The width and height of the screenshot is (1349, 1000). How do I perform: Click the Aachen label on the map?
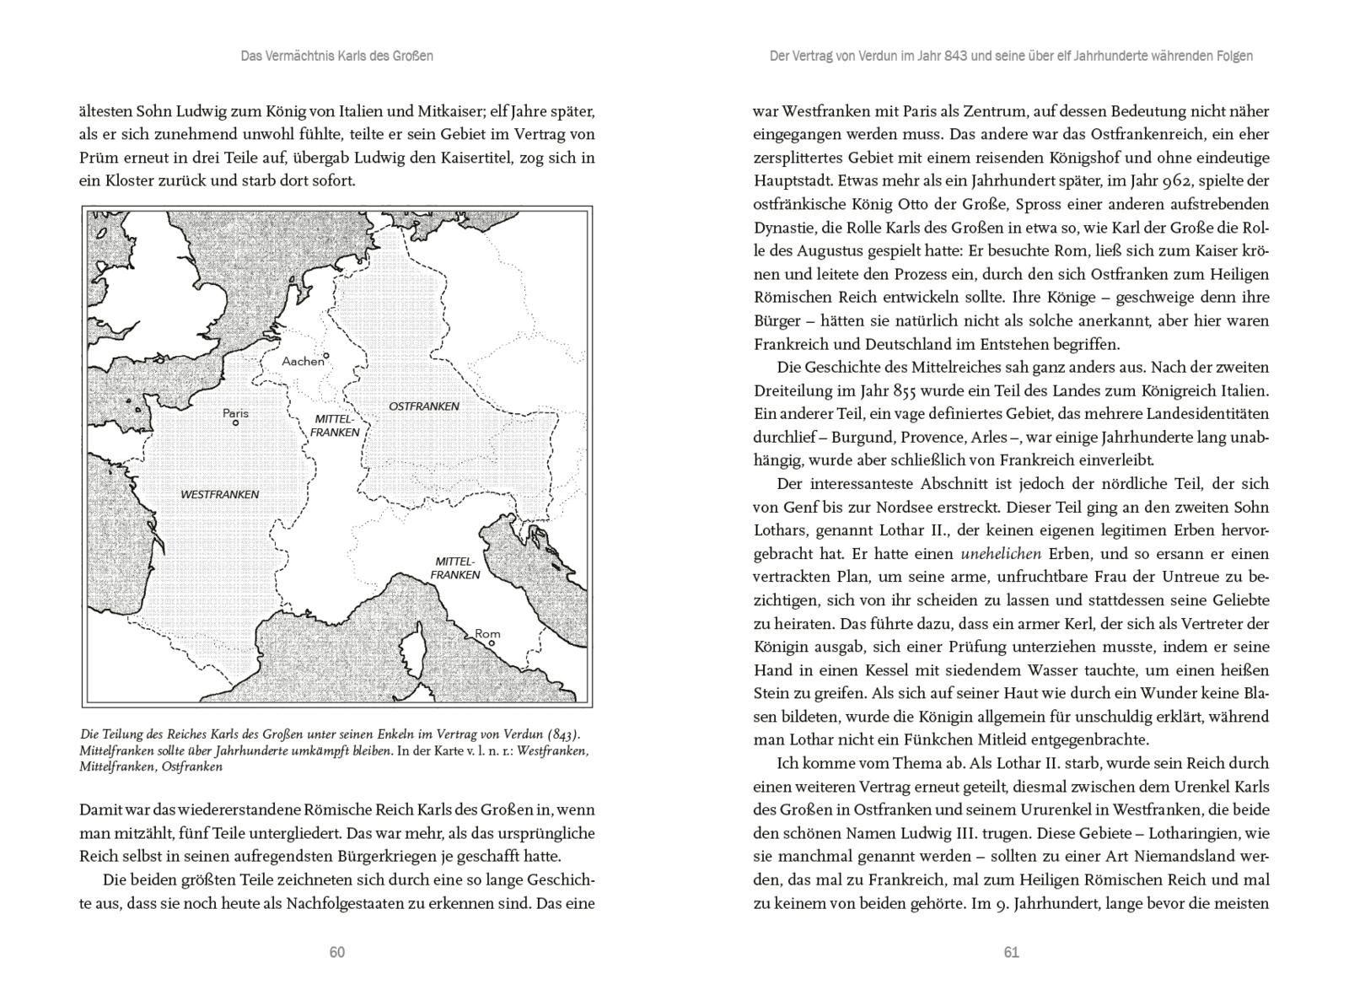[x=303, y=361]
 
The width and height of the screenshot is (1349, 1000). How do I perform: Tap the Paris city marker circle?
[x=235, y=423]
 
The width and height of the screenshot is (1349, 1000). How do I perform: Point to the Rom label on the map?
[x=487, y=633]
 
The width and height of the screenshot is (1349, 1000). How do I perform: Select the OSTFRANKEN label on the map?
[x=423, y=406]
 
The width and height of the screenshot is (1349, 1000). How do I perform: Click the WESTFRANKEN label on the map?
[x=219, y=494]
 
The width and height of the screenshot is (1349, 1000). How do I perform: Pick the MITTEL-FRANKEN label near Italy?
[x=455, y=568]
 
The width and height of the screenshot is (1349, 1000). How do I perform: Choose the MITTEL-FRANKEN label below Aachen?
[x=335, y=426]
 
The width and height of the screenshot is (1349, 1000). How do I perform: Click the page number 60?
[x=337, y=952]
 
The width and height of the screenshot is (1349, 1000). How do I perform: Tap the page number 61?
[x=1012, y=952]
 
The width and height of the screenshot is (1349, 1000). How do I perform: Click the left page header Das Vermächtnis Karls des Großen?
[x=337, y=56]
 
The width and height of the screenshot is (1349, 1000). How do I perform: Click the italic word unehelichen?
[x=1001, y=554]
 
